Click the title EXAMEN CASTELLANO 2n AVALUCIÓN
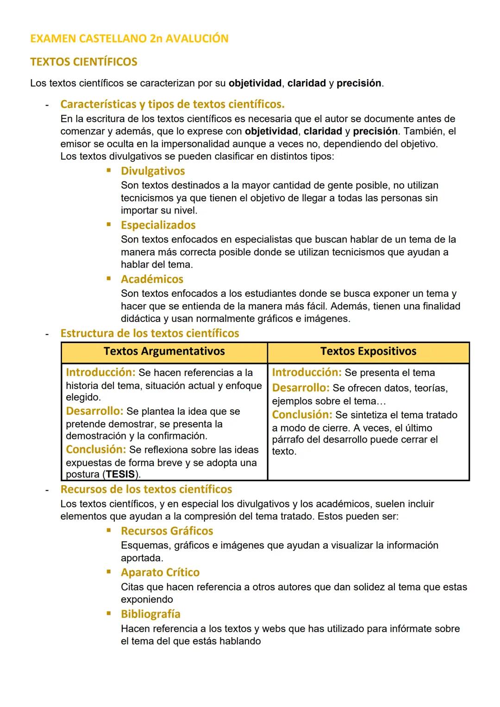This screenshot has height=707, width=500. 129,38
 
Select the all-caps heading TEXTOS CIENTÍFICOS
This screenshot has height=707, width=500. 84,62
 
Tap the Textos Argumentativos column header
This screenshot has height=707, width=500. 164,351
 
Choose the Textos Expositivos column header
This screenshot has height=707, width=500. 368,351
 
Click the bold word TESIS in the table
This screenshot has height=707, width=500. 120,475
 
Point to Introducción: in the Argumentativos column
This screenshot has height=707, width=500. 100,372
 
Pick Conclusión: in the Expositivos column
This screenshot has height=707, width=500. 302,415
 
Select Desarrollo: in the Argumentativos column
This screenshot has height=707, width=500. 94,411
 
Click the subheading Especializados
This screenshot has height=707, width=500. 158,225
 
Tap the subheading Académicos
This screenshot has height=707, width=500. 152,279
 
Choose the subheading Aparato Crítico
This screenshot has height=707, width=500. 160,572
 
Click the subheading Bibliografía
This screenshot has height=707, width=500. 150,614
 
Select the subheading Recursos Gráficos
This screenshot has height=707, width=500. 167,531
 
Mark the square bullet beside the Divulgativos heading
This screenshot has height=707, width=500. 109,170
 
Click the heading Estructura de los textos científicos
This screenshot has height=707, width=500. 150,333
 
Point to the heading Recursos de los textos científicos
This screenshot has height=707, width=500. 146,489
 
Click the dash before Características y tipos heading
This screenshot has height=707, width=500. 47,104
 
